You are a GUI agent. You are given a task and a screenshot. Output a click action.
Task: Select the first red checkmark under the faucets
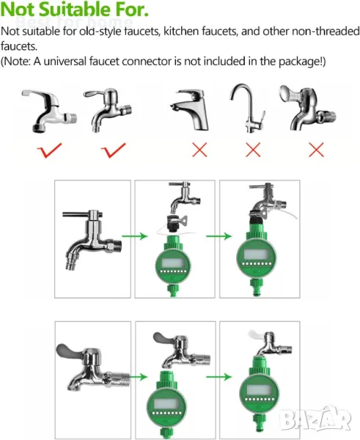[49, 150]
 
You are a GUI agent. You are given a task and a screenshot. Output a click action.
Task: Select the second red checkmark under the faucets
[114, 150]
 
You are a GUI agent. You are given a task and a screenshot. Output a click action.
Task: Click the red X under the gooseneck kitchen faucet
[253, 150]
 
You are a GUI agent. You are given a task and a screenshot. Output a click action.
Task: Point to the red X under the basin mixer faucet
[199, 150]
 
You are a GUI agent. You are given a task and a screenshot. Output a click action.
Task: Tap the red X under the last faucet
[316, 150]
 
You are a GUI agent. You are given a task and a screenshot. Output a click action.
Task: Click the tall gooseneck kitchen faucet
[248, 108]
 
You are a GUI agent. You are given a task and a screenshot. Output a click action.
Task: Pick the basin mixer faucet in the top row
[190, 110]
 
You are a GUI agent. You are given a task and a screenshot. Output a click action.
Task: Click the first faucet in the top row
[49, 111]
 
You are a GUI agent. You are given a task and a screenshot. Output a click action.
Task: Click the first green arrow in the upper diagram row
[135, 236]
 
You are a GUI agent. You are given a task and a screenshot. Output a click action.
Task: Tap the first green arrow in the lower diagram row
[139, 377]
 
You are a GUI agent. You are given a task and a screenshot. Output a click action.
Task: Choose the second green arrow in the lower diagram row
[219, 377]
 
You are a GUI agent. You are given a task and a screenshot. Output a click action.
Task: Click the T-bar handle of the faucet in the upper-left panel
[82, 214]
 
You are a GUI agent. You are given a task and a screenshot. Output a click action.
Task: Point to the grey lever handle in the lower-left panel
[70, 351]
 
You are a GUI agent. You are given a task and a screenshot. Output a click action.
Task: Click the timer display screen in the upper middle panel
[173, 263]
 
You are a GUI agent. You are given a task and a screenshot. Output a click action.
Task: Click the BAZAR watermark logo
[316, 418]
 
